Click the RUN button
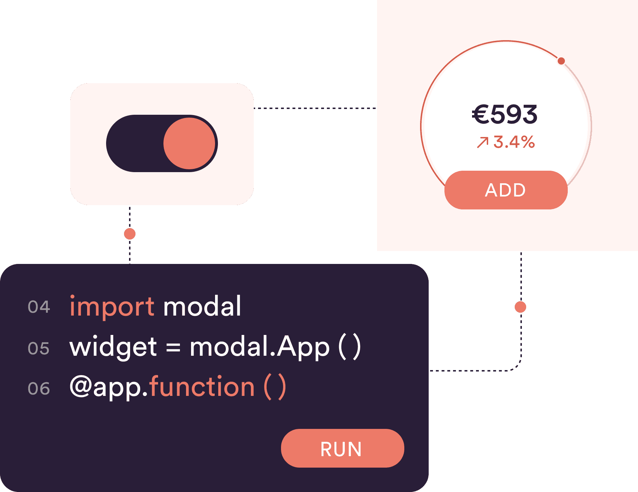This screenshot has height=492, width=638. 342,448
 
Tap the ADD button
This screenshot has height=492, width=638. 506,190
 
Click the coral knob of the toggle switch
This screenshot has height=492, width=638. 189,143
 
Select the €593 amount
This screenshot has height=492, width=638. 505,115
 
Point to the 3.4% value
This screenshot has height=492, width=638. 514,142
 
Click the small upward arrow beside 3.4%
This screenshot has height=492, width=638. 482,142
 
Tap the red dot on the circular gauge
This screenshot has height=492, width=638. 561,61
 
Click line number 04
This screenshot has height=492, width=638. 39,307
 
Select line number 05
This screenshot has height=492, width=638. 39,349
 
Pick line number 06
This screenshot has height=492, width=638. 39,389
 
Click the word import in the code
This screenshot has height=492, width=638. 112,307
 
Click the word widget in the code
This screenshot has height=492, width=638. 113,347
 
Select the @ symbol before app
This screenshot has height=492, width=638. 81,387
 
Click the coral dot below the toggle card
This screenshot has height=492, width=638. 130,234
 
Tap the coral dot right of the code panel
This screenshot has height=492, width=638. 520,307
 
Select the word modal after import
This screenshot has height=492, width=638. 202,307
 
